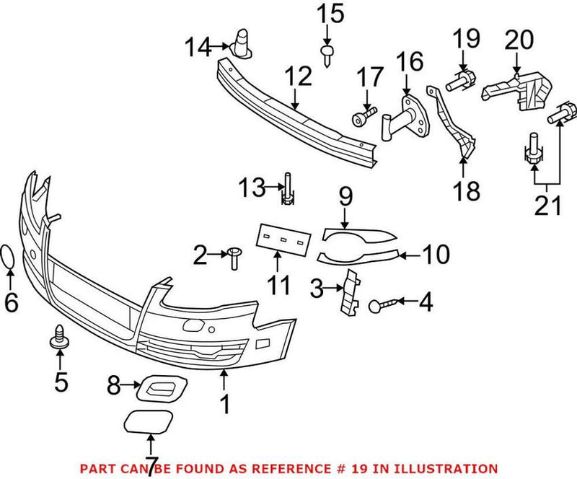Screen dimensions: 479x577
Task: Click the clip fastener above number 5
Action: pyautogui.click(x=57, y=338)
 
